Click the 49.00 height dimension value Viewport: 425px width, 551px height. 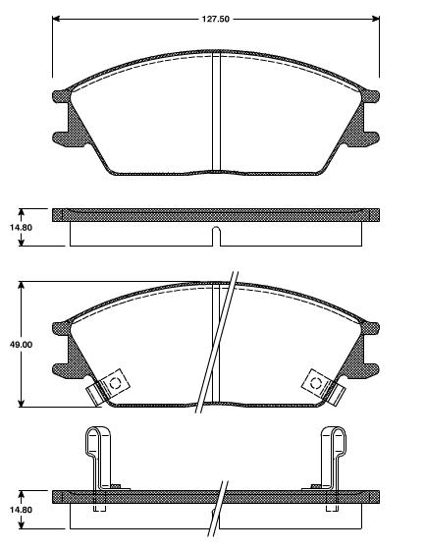(x=21, y=345)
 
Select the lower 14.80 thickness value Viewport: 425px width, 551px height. (x=21, y=510)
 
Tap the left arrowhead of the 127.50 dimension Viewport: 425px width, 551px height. (x=55, y=18)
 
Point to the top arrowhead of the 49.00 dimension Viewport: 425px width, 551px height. (x=22, y=286)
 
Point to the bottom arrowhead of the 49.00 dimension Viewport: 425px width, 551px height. (x=22, y=403)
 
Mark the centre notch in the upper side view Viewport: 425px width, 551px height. (x=215, y=235)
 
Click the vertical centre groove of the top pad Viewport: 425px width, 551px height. (x=215, y=113)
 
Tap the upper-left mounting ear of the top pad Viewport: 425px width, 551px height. (x=59, y=97)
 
